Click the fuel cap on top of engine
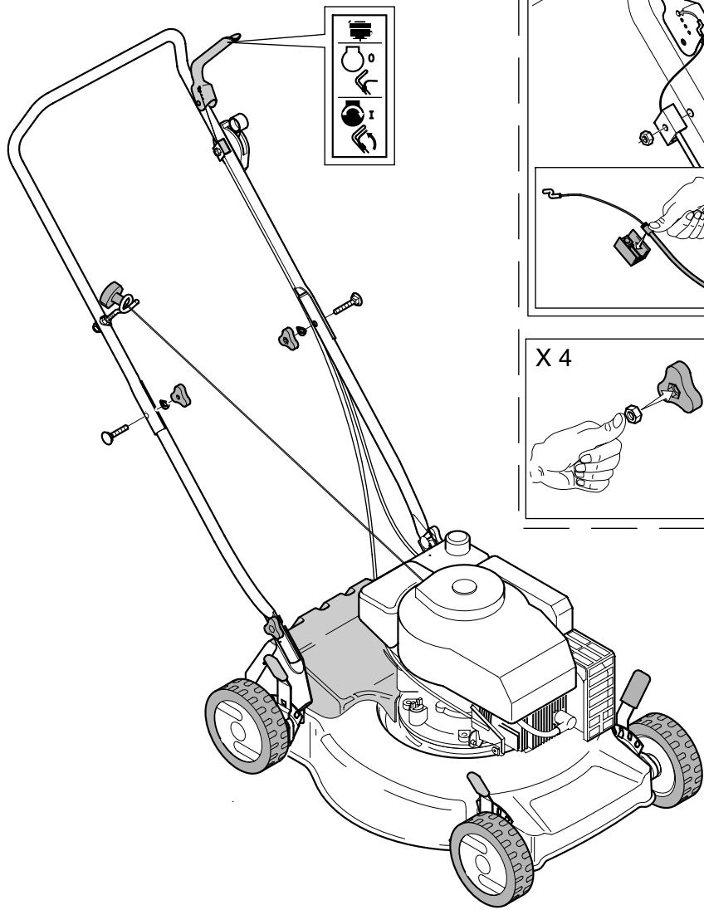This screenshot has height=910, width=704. pyautogui.click(x=457, y=546)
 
